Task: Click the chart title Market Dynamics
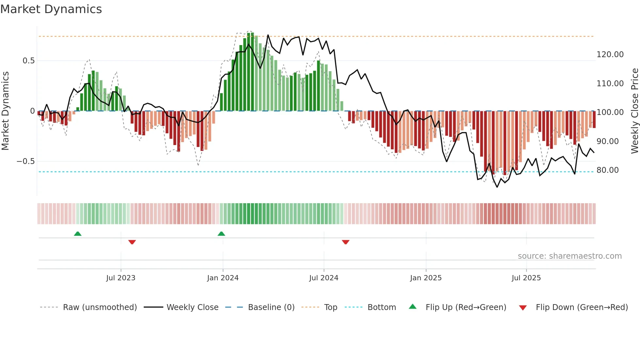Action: coord(51,9)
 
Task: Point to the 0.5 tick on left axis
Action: coord(28,61)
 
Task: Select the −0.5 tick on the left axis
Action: coord(25,161)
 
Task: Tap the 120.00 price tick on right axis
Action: coord(610,55)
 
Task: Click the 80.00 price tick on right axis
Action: coord(607,170)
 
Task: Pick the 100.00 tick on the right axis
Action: coord(610,112)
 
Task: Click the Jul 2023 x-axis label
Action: coord(120,278)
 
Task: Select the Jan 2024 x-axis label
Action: coord(223,278)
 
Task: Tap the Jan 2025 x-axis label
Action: coord(426,278)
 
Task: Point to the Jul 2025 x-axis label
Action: coord(526,278)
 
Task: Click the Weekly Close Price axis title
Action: coord(634,111)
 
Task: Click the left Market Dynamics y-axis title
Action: coord(5,111)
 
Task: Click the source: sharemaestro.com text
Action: coord(569,256)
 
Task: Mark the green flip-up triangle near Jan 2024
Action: coord(221,234)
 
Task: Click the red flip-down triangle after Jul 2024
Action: coord(345,242)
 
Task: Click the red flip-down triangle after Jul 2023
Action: coord(132,242)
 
